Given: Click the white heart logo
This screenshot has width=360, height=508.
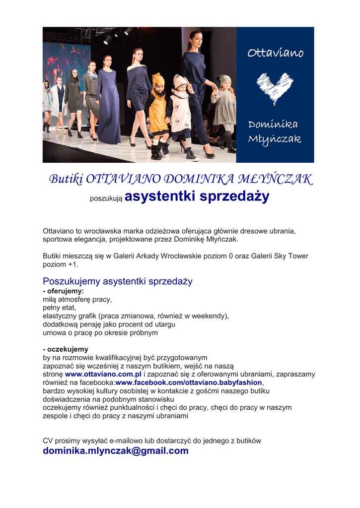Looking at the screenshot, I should click(275, 88).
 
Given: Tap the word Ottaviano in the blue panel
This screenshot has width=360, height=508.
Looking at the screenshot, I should click(276, 53).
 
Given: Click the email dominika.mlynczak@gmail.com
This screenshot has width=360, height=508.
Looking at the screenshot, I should click(116, 450).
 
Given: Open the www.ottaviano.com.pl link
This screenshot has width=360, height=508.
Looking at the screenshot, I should click(103, 374).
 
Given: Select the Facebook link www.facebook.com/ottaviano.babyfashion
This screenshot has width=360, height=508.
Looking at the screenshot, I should click(188, 382).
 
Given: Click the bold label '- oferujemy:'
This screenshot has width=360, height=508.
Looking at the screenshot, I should click(63, 291).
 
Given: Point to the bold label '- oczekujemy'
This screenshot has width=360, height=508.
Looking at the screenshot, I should click(66, 349).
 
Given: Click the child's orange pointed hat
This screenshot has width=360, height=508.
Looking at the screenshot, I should click(158, 79).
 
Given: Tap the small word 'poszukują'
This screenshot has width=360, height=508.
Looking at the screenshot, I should click(106, 199).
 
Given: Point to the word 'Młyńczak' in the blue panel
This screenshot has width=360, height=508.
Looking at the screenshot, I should click(275, 139).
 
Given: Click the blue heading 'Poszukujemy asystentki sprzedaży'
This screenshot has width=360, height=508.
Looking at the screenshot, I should click(117, 281).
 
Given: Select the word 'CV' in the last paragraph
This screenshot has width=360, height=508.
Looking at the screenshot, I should click(48, 440).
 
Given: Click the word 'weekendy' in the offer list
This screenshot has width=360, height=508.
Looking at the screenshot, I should click(210, 316).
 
